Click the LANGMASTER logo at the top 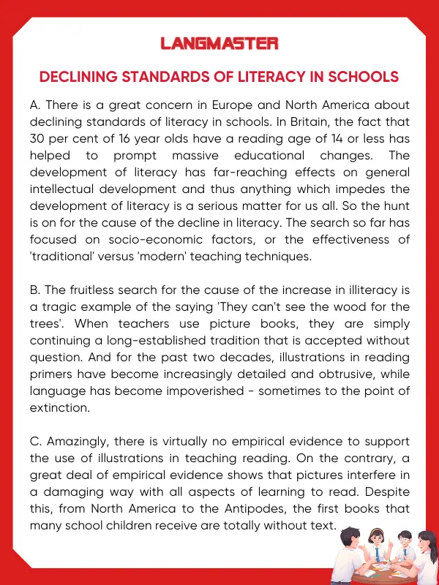click(219, 44)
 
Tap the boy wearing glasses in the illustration click(405, 543)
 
